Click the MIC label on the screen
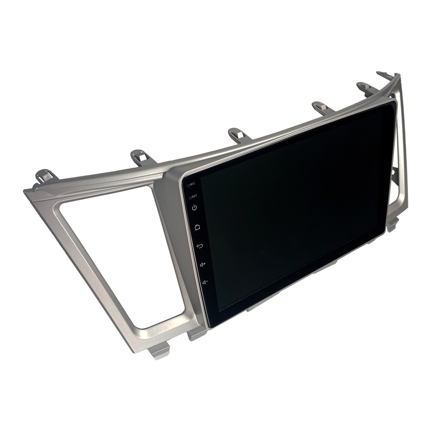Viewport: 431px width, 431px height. click(x=192, y=184)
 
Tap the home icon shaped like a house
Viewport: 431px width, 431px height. click(x=197, y=227)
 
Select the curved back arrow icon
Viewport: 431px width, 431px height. click(x=200, y=246)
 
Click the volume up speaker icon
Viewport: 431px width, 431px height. click(x=203, y=265)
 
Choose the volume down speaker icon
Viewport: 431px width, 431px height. click(x=205, y=282)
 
